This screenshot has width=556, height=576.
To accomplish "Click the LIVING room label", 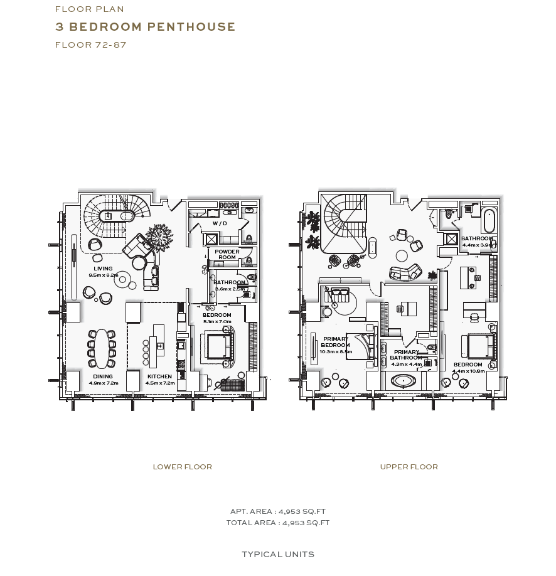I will (104, 269).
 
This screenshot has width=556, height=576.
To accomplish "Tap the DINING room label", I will (103, 376).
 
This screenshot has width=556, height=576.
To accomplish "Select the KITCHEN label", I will (159, 376).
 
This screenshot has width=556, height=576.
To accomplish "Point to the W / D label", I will (220, 223).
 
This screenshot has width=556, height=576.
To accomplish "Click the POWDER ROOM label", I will (227, 254).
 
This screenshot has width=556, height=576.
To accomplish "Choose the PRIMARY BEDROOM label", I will (336, 342).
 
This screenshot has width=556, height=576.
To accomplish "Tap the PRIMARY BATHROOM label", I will (407, 355).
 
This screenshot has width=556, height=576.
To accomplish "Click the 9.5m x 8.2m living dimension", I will (104, 275).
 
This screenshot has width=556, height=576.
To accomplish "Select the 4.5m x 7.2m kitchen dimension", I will (160, 383).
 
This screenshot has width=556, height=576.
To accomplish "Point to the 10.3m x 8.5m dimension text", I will (336, 352).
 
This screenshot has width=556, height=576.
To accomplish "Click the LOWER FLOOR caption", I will (183, 467).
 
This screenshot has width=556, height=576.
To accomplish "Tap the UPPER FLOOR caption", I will (409, 467).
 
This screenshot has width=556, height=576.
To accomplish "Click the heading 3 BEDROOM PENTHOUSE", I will (146, 27).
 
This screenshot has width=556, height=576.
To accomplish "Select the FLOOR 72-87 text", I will (91, 45).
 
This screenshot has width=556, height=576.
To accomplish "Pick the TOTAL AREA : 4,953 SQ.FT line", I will (278, 523).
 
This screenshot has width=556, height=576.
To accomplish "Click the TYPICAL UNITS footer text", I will (278, 554).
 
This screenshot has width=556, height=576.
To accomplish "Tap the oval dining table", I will (102, 348).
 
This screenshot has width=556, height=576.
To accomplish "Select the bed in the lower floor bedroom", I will (217, 344).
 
